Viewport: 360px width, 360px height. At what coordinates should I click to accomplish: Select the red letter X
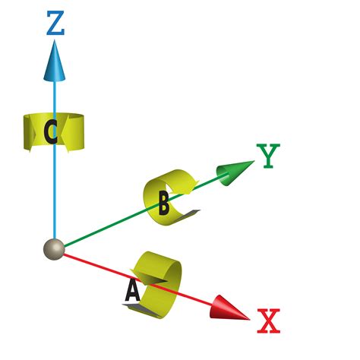pyautogui.click(x=269, y=321)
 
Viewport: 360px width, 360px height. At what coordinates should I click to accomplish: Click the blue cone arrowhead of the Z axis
pyautogui.click(x=55, y=62)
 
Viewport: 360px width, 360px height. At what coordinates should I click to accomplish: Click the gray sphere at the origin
pyautogui.click(x=52, y=250)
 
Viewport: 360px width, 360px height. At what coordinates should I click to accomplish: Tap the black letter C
pyautogui.click(x=51, y=133)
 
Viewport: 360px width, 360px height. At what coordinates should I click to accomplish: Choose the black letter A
pyautogui.click(x=131, y=290)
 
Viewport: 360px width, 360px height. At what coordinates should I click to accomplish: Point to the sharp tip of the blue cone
pyautogui.click(x=55, y=43)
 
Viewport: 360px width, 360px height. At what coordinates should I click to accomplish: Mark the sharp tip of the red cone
pyautogui.click(x=251, y=318)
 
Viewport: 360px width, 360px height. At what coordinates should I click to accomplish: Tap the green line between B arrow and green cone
pyautogui.click(x=205, y=185)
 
